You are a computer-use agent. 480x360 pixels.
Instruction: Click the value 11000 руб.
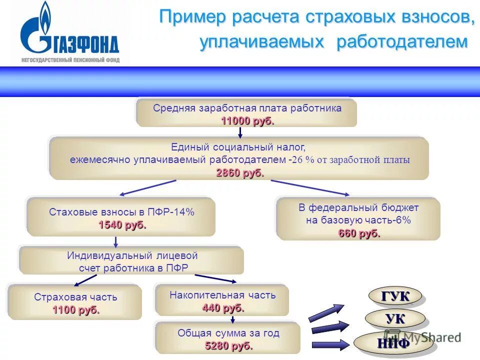pos(247,121)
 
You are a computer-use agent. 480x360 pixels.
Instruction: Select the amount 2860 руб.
pos(239,172)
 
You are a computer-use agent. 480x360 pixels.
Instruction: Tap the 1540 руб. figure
pos(122,225)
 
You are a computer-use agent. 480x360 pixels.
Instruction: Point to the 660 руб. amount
pos(359,233)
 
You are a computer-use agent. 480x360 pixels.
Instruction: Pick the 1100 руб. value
pos(76,310)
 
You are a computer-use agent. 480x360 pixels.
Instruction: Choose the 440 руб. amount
pos(223,308)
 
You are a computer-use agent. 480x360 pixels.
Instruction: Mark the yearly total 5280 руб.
pos(228,345)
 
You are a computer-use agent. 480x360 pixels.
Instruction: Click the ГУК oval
pos(395,296)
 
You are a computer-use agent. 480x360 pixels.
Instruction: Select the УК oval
pos(395,318)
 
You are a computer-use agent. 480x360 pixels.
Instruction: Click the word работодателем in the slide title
pos(402,42)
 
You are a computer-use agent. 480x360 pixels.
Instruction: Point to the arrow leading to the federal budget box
pos(310,187)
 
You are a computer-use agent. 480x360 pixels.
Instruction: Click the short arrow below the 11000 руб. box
pos(240,132)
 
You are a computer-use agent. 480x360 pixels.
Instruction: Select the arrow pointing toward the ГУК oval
pos(326,312)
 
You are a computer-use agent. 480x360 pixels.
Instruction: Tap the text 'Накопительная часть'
pos(222,295)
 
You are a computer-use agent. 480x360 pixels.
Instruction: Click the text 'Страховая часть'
pos(75,297)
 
